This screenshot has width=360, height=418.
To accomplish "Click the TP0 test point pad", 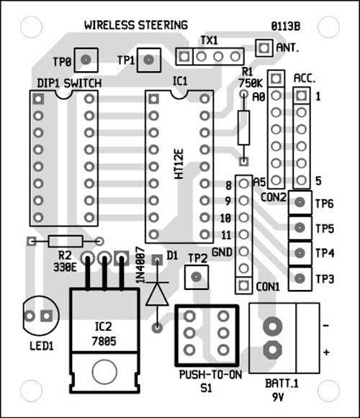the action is (86, 60).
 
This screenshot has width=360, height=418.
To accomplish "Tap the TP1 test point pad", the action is (148, 60).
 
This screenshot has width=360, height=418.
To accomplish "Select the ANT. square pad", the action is (264, 48).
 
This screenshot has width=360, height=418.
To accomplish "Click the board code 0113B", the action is (286, 26).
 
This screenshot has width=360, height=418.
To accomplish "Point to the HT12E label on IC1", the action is (179, 164).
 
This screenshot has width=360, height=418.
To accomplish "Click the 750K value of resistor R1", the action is (251, 83).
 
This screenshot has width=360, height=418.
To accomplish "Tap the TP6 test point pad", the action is (300, 202).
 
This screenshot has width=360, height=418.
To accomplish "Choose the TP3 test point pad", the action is (300, 278).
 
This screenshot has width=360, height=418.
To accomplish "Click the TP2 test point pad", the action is (197, 277).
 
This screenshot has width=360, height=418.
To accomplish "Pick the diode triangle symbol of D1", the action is (157, 294).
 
